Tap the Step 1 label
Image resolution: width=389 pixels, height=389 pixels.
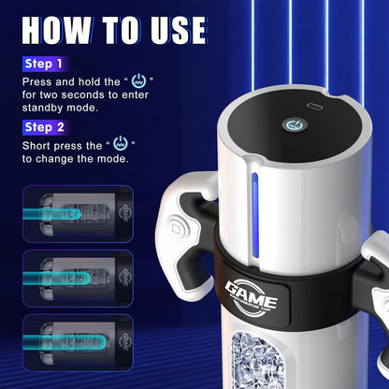44,65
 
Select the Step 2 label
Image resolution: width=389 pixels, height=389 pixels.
44,127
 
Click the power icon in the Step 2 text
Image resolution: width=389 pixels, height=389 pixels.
119,144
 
